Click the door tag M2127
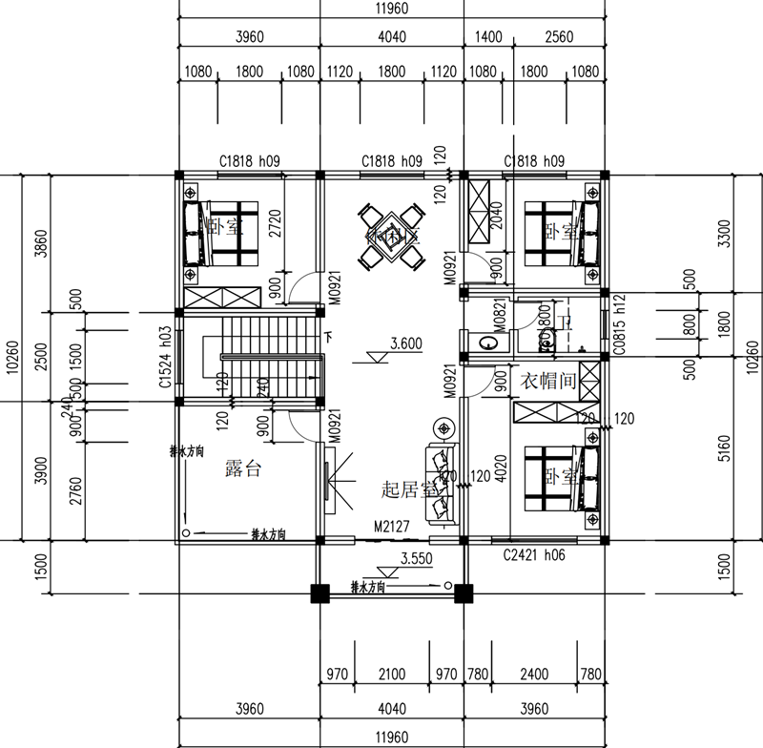coord(391,526)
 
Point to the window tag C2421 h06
coord(533,554)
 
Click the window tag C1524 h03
coord(166,360)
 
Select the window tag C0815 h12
coord(619,325)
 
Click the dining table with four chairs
coord(391,237)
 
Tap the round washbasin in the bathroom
coord(488,342)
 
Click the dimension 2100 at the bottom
coord(391,675)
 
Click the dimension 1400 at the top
coord(487,37)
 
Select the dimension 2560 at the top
coord(559,37)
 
